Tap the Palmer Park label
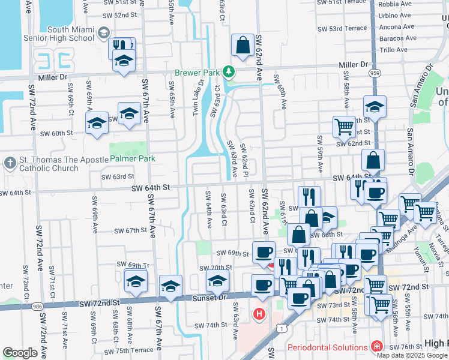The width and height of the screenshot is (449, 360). point(133,159)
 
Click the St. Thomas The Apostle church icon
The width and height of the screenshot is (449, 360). point(10,163)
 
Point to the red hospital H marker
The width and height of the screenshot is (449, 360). point(259,314)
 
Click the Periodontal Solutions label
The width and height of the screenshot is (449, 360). point(327,347)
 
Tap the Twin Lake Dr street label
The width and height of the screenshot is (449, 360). point(194,98)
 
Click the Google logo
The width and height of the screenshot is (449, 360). point(20,353)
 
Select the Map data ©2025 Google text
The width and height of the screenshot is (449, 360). point(412,355)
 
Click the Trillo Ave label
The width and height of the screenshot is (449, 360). point(393,50)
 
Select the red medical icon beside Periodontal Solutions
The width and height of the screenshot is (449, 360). point(376,346)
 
